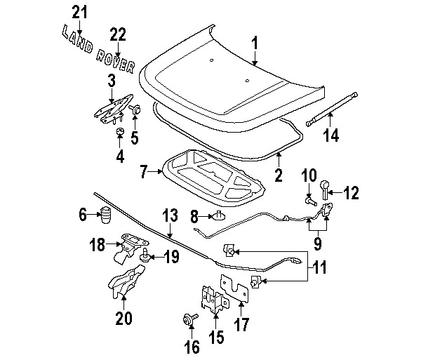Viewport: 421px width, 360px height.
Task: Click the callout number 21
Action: pyautogui.click(x=81, y=12)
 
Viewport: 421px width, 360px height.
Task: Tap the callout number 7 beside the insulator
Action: pyautogui.click(x=143, y=171)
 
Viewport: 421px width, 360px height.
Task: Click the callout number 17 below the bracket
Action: pyautogui.click(x=241, y=325)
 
